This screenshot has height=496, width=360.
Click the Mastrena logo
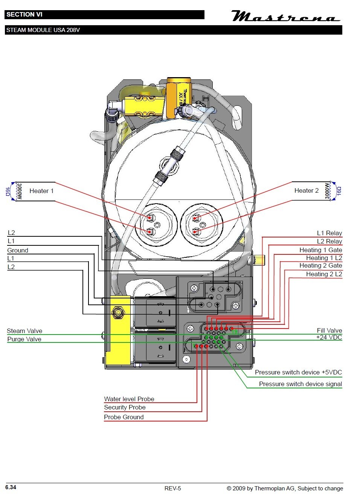(x=285, y=17)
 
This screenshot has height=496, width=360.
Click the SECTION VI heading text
(x=24, y=15)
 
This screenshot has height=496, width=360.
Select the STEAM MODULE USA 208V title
(x=43, y=30)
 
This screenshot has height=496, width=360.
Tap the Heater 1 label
(x=41, y=191)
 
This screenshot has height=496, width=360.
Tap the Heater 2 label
(x=306, y=190)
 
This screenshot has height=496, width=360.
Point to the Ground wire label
(x=18, y=250)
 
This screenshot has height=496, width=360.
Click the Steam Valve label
(x=24, y=331)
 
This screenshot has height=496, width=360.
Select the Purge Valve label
(x=24, y=339)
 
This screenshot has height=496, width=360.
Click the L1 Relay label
(x=329, y=233)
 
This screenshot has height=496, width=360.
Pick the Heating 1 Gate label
(x=320, y=250)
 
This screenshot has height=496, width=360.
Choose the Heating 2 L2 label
(x=324, y=274)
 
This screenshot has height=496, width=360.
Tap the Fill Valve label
(x=329, y=330)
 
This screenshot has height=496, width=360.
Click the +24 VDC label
(x=329, y=337)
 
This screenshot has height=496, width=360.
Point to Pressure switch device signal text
(x=300, y=384)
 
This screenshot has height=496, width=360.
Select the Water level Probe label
(x=129, y=399)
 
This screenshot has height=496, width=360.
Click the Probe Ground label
(x=124, y=417)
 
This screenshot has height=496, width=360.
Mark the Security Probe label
(x=125, y=407)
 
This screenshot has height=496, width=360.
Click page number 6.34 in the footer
(x=11, y=487)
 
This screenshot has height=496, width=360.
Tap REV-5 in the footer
(x=172, y=488)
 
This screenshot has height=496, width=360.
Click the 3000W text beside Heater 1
(x=20, y=191)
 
